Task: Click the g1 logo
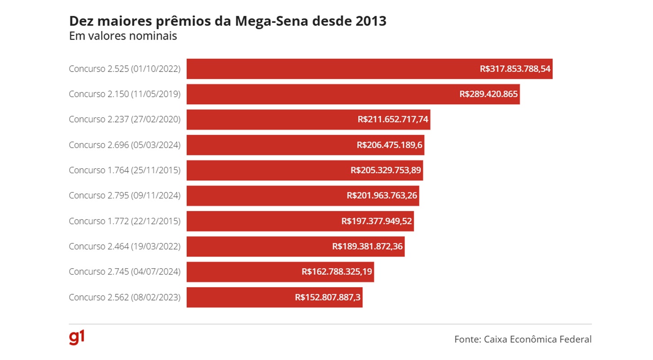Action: click(x=77, y=338)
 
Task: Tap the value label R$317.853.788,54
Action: click(x=515, y=69)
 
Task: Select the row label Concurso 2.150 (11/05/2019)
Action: click(x=125, y=94)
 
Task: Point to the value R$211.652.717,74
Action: click(x=393, y=120)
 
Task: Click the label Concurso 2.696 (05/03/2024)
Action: click(x=125, y=145)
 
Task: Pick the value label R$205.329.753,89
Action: click(x=385, y=171)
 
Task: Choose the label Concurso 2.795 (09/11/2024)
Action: click(x=125, y=196)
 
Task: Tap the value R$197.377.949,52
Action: click(x=376, y=221)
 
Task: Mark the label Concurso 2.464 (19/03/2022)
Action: click(x=125, y=247)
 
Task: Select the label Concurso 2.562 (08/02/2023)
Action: click(x=125, y=297)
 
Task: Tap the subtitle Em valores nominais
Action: click(x=123, y=36)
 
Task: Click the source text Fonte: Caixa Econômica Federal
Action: click(x=523, y=339)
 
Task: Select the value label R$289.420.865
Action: click(x=488, y=94)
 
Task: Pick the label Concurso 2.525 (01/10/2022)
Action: click(x=125, y=69)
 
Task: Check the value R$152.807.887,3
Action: click(x=328, y=297)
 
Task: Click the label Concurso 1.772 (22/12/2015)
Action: click(x=125, y=221)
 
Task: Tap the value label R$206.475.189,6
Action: click(x=389, y=145)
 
